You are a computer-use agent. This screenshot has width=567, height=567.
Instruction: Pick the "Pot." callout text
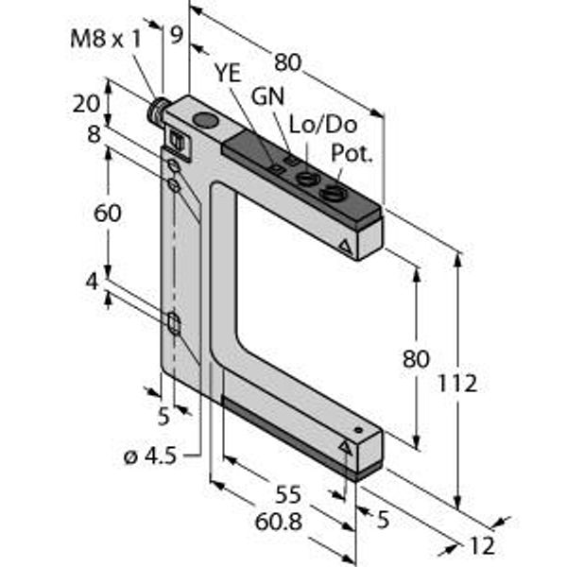point(352,153)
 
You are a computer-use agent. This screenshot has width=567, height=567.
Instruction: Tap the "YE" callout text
point(228,72)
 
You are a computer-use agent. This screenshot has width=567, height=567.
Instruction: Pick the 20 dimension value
point(86,103)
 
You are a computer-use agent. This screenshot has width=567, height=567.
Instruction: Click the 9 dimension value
point(175,36)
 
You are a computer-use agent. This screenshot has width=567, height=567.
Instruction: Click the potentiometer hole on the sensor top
point(332,196)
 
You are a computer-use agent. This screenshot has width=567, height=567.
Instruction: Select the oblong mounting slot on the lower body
point(174,325)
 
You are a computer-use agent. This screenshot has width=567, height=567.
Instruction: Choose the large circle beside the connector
point(203,120)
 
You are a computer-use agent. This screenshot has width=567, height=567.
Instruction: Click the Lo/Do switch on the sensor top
point(304,177)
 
